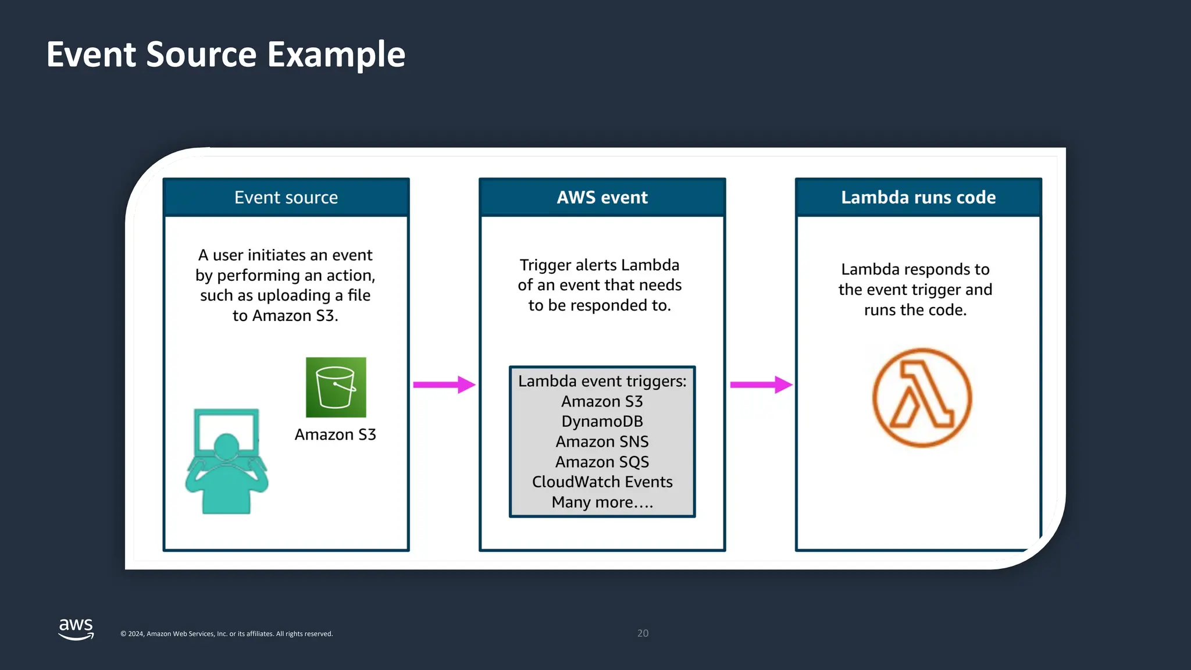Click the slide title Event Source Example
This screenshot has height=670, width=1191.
(x=226, y=55)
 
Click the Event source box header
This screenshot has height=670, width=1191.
(x=286, y=198)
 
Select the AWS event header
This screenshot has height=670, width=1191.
(x=602, y=198)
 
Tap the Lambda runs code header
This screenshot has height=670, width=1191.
(x=918, y=198)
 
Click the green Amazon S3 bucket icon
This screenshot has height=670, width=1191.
(x=336, y=387)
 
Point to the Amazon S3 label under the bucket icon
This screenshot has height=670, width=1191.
(x=335, y=434)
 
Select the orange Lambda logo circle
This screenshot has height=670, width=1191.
(x=922, y=398)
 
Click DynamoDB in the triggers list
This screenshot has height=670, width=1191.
(x=602, y=422)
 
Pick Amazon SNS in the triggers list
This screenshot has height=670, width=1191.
(x=602, y=442)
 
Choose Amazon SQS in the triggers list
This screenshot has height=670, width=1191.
(x=602, y=462)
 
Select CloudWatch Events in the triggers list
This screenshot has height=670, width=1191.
(x=602, y=482)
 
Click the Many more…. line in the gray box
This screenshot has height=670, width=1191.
(x=602, y=502)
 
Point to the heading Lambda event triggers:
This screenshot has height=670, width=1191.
(x=602, y=382)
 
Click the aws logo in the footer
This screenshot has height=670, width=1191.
(x=76, y=629)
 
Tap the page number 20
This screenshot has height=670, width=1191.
(x=643, y=633)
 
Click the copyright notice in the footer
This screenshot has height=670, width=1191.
(x=226, y=634)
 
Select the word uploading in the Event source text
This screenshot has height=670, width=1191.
(x=294, y=296)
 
